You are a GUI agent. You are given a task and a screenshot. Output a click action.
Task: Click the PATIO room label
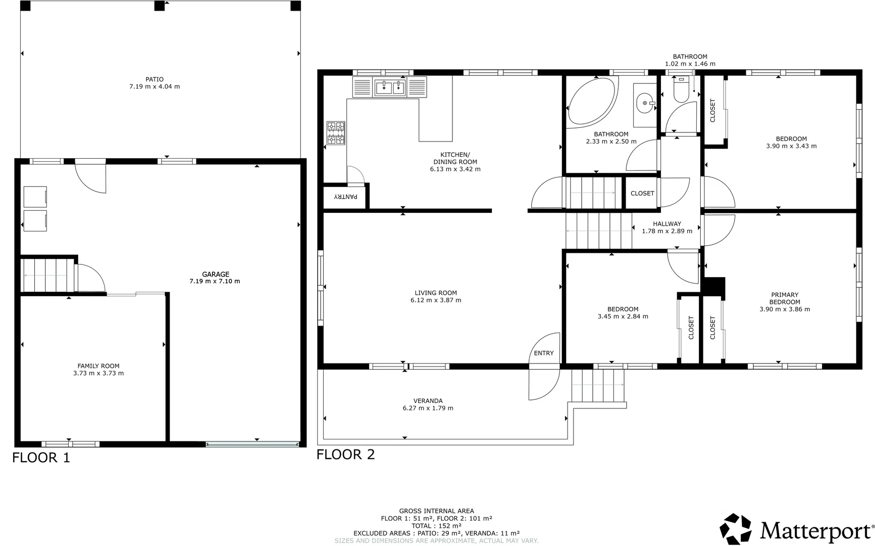click(155, 79)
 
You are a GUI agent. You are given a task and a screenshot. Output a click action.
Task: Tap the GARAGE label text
click(216, 275)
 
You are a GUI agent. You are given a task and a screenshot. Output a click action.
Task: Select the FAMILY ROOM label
click(98, 366)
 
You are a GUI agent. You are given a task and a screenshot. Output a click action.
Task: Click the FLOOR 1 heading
click(41, 458)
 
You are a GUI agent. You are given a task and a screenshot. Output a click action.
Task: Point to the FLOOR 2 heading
click(346, 454)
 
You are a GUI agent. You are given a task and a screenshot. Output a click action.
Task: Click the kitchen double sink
click(390, 87)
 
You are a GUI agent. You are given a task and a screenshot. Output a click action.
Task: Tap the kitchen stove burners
click(336, 132)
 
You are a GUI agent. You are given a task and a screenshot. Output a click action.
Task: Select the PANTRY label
click(346, 196)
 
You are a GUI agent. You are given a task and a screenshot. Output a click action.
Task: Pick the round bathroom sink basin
click(644, 103)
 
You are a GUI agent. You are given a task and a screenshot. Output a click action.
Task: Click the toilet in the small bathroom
click(682, 88)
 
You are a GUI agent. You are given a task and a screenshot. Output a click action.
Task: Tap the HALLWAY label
click(667, 224)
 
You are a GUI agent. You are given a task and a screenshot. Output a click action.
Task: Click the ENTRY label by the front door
click(544, 353)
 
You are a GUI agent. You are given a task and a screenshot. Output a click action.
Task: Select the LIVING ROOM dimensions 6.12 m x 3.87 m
click(436, 300)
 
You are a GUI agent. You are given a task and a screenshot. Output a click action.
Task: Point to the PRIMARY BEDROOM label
click(785, 298)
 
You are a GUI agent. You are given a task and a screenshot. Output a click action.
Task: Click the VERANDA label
click(428, 401)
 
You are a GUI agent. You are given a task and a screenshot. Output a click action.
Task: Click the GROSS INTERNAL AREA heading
click(437, 511)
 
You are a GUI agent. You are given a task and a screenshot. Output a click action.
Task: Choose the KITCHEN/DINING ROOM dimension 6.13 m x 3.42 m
click(455, 169)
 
